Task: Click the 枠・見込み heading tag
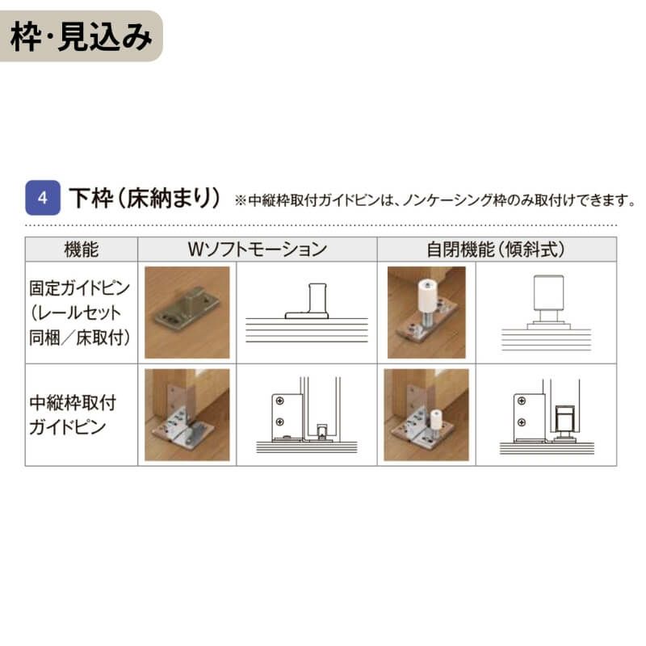pyautogui.click(x=81, y=37)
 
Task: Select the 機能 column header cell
pyautogui.click(x=81, y=250)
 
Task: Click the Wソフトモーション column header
pyautogui.click(x=257, y=250)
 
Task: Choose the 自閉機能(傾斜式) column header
pyautogui.click(x=496, y=250)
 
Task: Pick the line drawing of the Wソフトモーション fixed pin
pyautogui.click(x=307, y=311)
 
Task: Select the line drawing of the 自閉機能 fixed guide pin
pyautogui.click(x=546, y=311)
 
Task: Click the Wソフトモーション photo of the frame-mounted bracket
pyautogui.click(x=187, y=415)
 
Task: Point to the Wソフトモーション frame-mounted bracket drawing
pyautogui.click(x=307, y=415)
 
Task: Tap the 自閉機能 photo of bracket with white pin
pyautogui.click(x=426, y=415)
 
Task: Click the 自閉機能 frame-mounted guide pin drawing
pyautogui.click(x=546, y=415)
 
